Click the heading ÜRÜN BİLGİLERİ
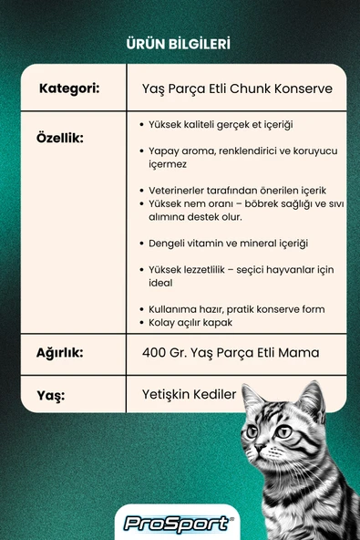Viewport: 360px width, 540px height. pos(180,43)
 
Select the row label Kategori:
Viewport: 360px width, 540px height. pos(69,89)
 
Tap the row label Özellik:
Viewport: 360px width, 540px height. pos(60,138)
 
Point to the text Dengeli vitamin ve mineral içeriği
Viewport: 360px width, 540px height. pos(228,244)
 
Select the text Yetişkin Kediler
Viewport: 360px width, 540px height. pos(190,395)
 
